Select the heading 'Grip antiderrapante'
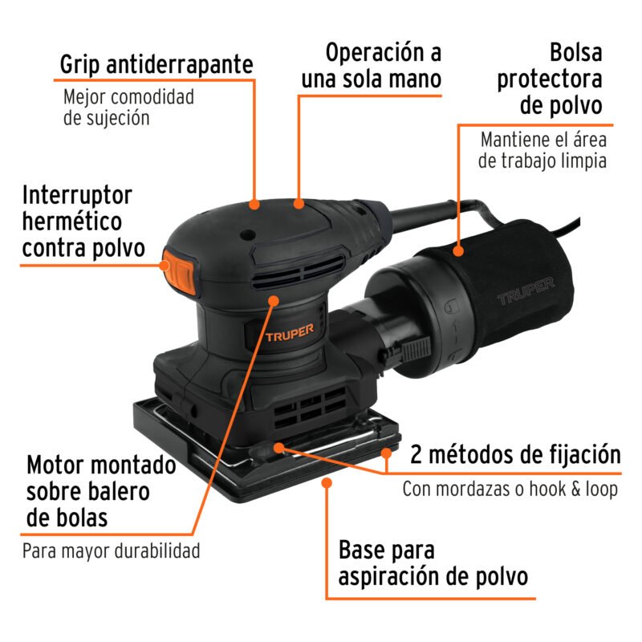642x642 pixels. coord(157,64)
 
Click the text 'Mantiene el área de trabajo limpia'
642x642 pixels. coord(541,149)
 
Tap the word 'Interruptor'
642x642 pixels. coord(77,195)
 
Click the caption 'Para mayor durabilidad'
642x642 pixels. coord(111,551)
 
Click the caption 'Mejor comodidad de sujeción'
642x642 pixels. coord(128,108)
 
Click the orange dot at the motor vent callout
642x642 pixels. coord(274,300)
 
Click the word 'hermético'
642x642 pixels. coord(72,221)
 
